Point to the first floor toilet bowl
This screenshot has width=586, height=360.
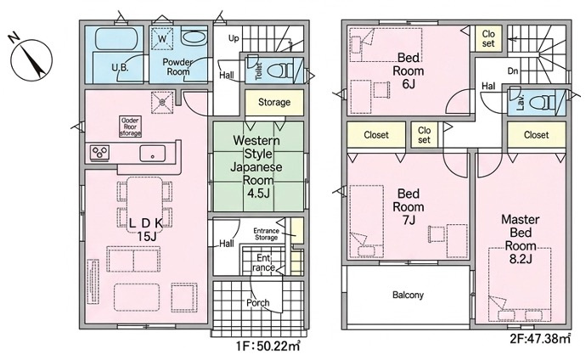click(x=284, y=69)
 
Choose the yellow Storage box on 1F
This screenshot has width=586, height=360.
click(x=274, y=102)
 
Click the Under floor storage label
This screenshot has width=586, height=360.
click(x=130, y=127)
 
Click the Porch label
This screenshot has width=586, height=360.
click(x=258, y=302)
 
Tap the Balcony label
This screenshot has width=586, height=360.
click(x=408, y=295)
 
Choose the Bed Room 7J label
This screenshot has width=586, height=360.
click(x=409, y=206)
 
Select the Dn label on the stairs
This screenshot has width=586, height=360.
click(x=512, y=72)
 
